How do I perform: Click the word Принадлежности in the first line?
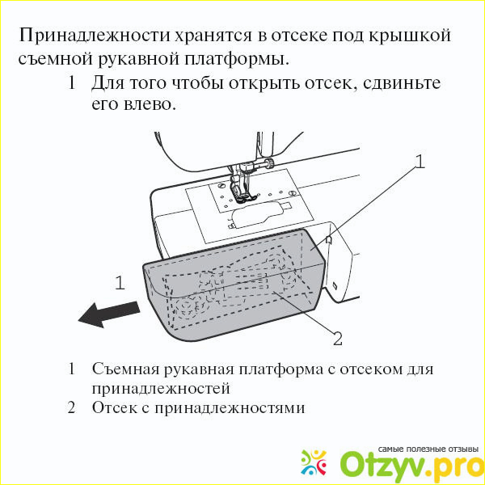point(95,36)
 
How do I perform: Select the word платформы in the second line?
point(237,59)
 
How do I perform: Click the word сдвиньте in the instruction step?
point(402,83)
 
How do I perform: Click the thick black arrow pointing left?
point(109,314)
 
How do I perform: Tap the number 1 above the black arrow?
point(120,283)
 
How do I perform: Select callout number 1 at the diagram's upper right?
point(420,162)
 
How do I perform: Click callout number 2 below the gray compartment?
point(337,339)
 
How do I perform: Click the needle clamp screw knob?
point(270,162)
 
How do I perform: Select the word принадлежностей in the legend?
point(161,389)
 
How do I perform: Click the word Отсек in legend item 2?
point(115,408)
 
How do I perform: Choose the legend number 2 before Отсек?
point(71,408)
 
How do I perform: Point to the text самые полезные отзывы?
point(428,449)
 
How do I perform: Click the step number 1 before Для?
point(71,83)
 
